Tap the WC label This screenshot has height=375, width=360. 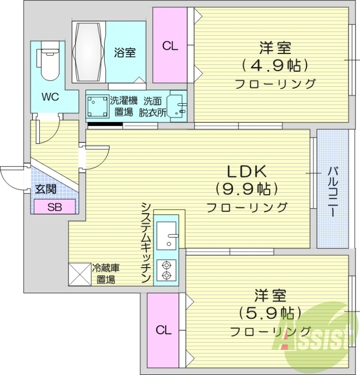pos(50,97)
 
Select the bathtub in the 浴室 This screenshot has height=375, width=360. pos(89,52)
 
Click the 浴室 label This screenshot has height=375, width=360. pos(125,52)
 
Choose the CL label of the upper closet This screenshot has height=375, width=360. pos(170,46)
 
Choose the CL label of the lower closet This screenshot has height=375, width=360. pos(164,330)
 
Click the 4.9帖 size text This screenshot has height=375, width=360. pos(275,65)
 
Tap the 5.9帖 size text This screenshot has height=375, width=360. pos(269,312)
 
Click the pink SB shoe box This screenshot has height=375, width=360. pos(54,206)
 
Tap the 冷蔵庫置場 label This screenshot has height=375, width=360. pos(106,274)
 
